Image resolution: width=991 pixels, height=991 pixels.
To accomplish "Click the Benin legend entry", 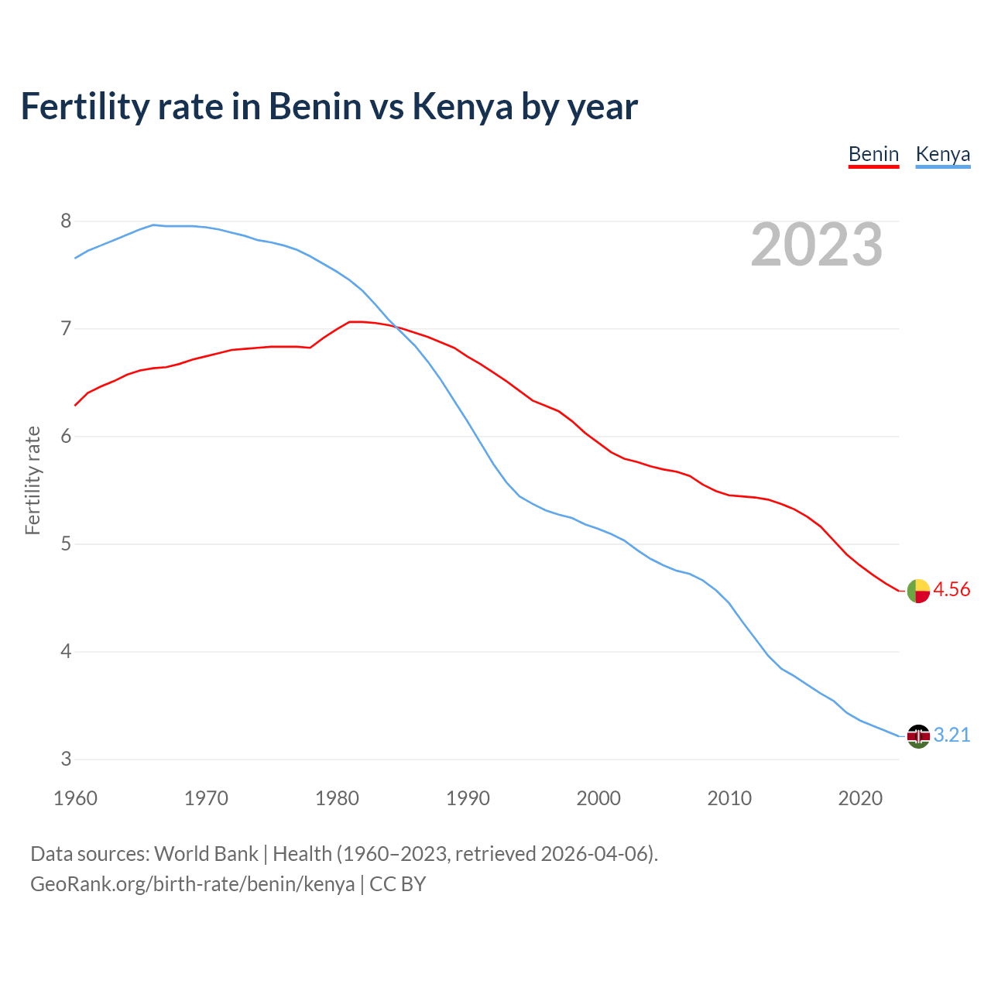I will pyautogui.click(x=873, y=155).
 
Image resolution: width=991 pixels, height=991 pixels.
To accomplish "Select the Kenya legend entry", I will pyautogui.click(x=942, y=155).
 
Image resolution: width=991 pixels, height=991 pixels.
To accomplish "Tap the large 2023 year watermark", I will pyautogui.click(x=817, y=245).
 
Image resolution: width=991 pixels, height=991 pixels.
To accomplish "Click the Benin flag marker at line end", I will pyautogui.click(x=918, y=591).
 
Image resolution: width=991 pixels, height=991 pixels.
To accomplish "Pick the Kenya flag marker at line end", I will pyautogui.click(x=918, y=736).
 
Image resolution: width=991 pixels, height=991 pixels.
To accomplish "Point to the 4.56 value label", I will pyautogui.click(x=952, y=590).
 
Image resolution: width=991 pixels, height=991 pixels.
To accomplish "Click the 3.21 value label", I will pyautogui.click(x=952, y=736).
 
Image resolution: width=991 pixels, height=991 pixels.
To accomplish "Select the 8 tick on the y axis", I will pyautogui.click(x=66, y=221).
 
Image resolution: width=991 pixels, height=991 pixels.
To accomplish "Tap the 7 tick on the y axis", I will pyautogui.click(x=66, y=329).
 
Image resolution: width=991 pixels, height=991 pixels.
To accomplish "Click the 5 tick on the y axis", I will pyautogui.click(x=66, y=544).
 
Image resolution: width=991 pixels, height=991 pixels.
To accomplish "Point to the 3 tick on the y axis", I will pyautogui.click(x=66, y=760).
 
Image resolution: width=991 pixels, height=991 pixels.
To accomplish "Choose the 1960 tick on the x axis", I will pyautogui.click(x=75, y=798).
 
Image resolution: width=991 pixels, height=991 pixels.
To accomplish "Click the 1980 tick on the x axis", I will pyautogui.click(x=337, y=798).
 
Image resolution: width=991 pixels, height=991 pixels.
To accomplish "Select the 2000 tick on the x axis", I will pyautogui.click(x=598, y=798).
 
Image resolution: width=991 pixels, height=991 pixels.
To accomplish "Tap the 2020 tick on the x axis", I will pyautogui.click(x=860, y=798).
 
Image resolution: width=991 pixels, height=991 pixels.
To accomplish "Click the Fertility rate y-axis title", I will pyautogui.click(x=33, y=480).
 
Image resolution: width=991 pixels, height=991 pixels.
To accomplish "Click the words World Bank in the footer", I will pyautogui.click(x=206, y=854).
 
